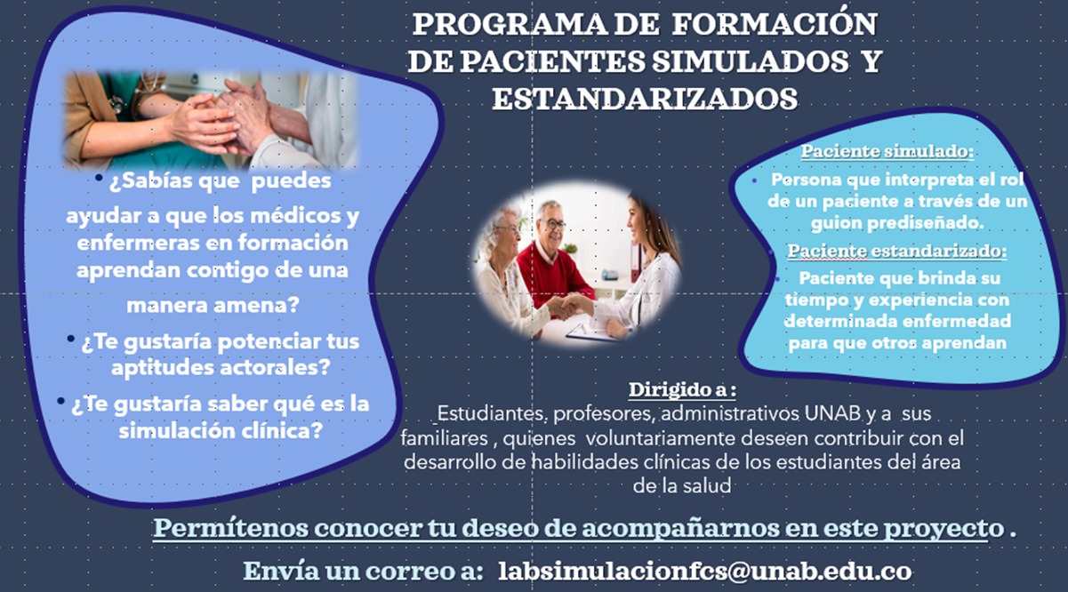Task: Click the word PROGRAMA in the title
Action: (493, 24)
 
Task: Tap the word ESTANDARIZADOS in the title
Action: (645, 99)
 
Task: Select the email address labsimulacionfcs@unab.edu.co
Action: (705, 570)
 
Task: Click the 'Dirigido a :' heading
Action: (683, 390)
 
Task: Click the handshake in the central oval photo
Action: (570, 306)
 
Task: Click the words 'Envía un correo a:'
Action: (364, 570)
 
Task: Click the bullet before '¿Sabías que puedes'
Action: (100, 180)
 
